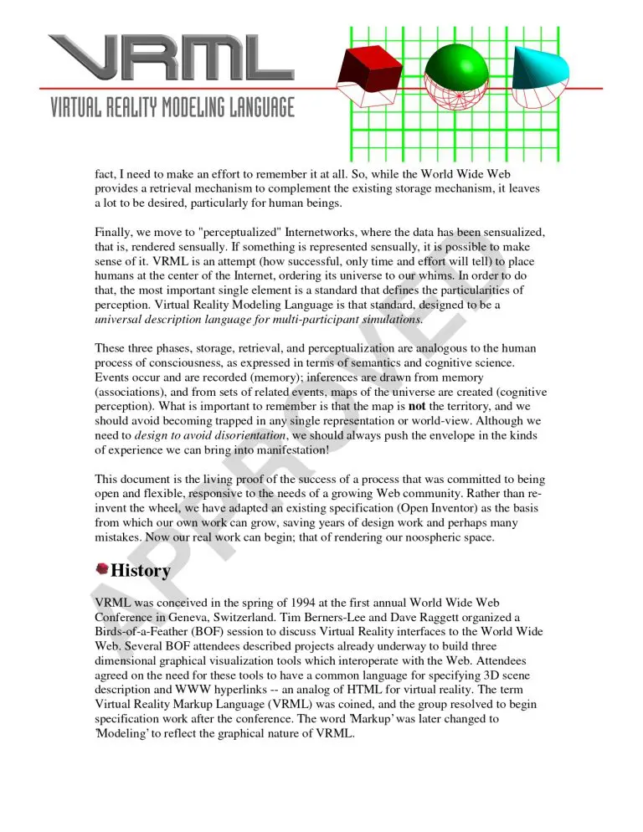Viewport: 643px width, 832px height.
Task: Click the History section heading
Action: click(141, 571)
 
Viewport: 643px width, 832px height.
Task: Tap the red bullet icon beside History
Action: click(101, 570)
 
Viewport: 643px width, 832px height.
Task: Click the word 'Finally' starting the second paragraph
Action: click(112, 230)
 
